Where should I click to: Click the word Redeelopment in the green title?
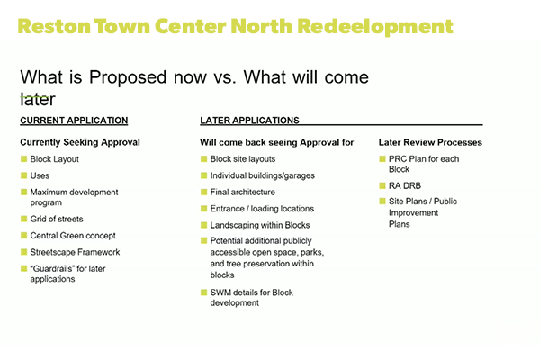(x=375, y=26)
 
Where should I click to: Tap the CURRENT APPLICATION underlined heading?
(x=74, y=121)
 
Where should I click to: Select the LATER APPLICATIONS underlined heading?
(x=249, y=121)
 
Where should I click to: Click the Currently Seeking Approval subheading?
(x=80, y=142)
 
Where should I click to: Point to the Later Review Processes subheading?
(x=430, y=142)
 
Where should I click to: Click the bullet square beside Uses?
(x=23, y=175)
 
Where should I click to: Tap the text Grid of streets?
(x=57, y=219)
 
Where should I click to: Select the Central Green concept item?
(x=73, y=236)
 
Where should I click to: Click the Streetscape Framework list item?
(x=75, y=252)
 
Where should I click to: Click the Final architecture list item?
(x=243, y=193)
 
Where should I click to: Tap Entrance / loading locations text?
(x=262, y=209)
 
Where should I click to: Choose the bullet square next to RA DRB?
(x=382, y=186)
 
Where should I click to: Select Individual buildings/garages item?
(x=263, y=175)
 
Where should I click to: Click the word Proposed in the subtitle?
(x=128, y=77)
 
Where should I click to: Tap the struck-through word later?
(x=38, y=100)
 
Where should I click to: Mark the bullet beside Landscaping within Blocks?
(x=204, y=225)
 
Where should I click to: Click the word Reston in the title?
(x=54, y=26)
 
